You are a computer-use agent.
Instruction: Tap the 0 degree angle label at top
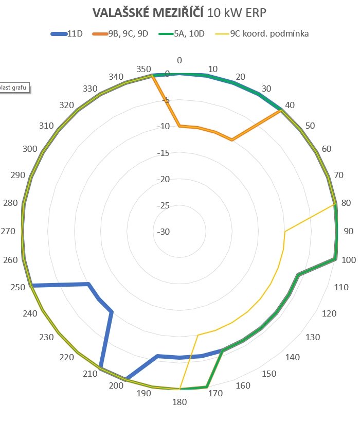click(x=179, y=61)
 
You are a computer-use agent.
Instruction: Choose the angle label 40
click(x=290, y=105)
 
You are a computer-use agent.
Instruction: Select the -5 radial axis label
click(x=165, y=100)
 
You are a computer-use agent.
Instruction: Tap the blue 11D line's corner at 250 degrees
click(x=32, y=285)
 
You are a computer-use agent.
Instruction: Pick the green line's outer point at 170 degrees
click(x=206, y=386)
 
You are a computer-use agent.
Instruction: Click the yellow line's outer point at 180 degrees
click(x=179, y=389)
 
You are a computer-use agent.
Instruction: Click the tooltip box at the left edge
click(x=14, y=87)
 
